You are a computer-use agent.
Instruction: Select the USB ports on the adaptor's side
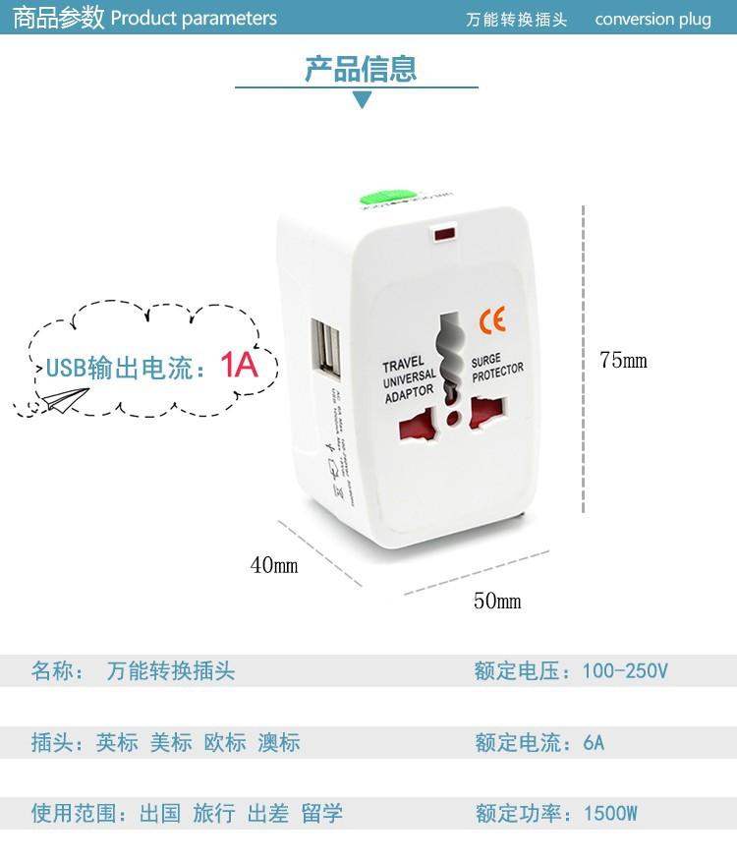pos(326,345)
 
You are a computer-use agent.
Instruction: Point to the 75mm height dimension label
pos(623,361)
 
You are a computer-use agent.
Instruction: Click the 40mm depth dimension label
pos(274,565)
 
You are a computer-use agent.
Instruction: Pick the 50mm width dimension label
pos(497,601)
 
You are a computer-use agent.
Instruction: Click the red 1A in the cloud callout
pos(238,366)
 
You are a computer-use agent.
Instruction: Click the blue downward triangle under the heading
pos(362,99)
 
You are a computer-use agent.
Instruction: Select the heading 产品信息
pos(361,69)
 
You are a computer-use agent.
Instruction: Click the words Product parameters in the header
pos(194,19)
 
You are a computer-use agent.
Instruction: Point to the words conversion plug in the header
pos(652,20)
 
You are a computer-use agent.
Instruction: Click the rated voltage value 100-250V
pos(625,671)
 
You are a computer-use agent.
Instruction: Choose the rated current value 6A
pos(594,742)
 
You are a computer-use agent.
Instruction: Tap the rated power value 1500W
pos(610,814)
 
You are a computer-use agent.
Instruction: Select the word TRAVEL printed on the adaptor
pos(403,364)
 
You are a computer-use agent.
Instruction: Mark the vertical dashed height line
pos(584,359)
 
